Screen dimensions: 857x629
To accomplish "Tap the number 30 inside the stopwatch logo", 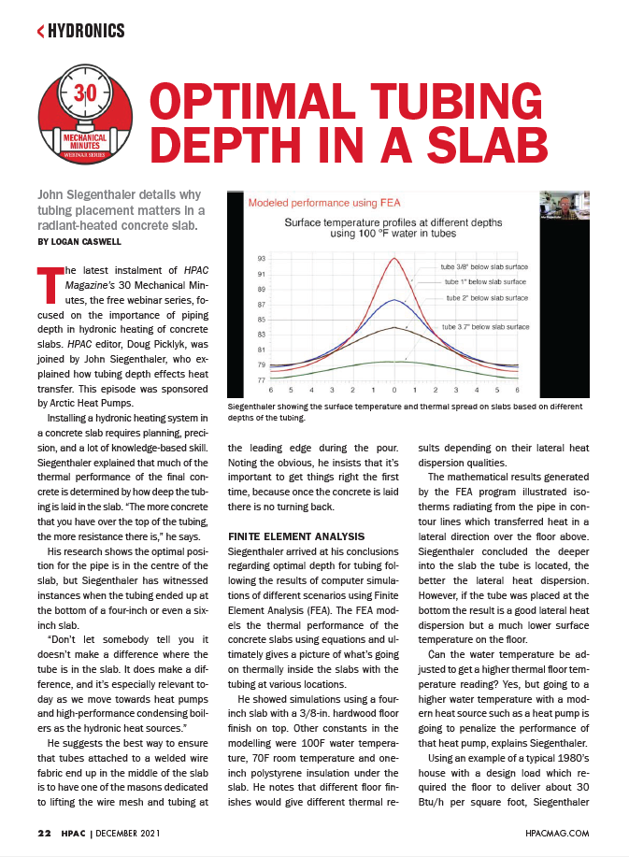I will pos(85,94).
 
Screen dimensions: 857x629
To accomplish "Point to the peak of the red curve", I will pos(394,258).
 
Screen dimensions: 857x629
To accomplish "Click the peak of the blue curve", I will pos(394,300).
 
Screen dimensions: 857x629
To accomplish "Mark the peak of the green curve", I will pos(394,361).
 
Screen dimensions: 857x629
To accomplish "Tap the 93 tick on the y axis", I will pos(261,258).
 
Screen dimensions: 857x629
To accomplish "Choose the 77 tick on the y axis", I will pos(261,379).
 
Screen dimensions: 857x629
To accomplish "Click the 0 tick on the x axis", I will pos(394,389).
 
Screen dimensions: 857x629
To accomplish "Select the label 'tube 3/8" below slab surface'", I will pos(483,265).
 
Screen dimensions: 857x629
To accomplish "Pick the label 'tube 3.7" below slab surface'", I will pos(485,327).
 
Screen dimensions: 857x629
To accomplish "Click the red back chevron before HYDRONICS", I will pos(40,32).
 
